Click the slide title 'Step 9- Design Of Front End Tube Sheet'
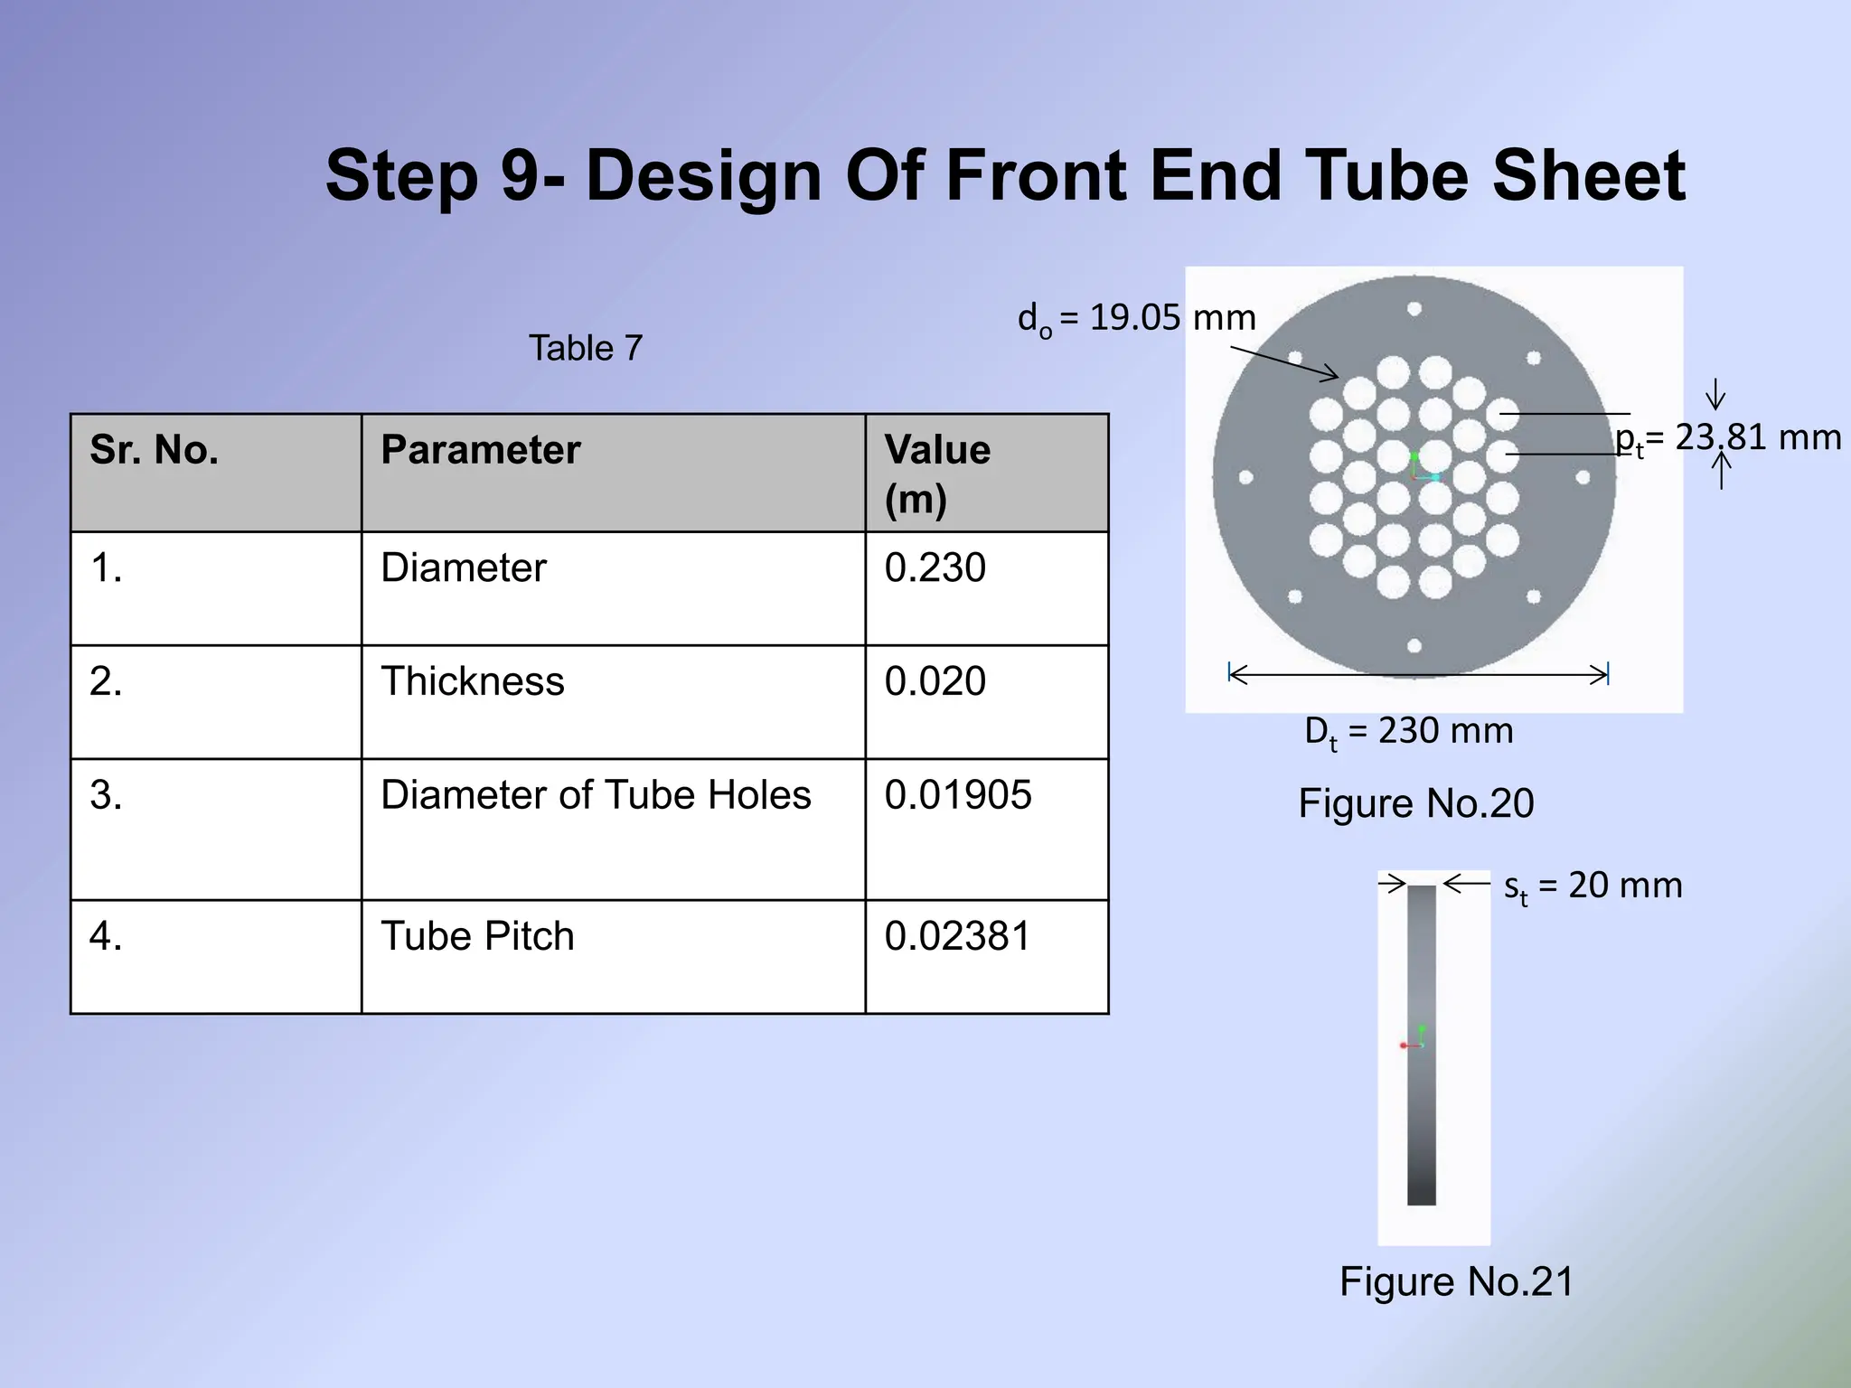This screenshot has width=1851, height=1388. click(1005, 175)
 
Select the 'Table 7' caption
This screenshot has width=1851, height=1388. click(586, 348)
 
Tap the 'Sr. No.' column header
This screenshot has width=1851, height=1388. click(155, 450)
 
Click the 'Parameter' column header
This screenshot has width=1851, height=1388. click(480, 450)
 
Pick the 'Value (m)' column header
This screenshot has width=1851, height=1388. click(937, 474)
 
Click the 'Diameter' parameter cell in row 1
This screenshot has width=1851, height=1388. click(464, 568)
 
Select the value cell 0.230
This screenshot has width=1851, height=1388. click(935, 568)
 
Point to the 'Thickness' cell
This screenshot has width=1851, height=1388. click(472, 681)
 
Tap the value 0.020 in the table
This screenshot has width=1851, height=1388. click(935, 681)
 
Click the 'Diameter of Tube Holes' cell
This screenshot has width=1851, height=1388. click(596, 795)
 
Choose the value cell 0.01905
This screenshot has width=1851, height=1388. click(957, 795)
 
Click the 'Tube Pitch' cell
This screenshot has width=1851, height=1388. click(477, 936)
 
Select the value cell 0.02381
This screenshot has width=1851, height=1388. click(957, 936)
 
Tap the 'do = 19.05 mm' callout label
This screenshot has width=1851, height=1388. click(1136, 319)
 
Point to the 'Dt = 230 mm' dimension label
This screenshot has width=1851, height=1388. click(1408, 731)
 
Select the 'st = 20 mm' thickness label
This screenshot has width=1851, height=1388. click(1593, 886)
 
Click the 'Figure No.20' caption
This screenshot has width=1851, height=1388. click(1416, 803)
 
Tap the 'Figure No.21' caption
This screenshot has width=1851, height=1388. click(1456, 1281)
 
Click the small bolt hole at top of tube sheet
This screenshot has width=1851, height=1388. click(1414, 309)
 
